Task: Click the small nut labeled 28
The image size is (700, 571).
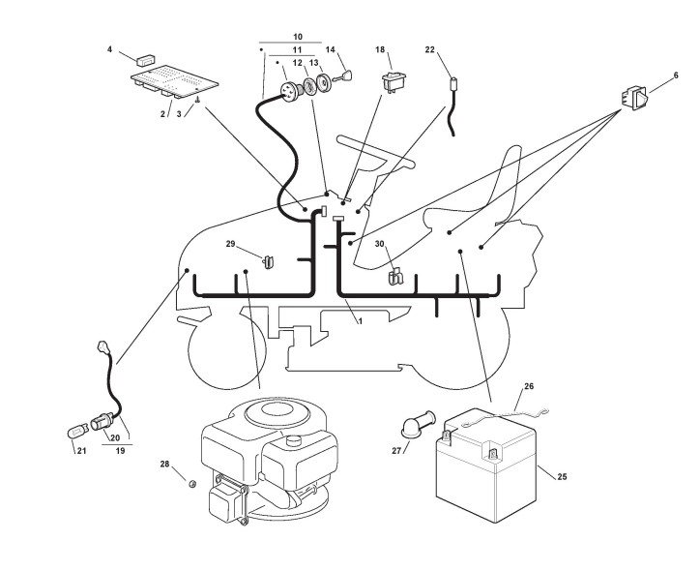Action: click(192, 480)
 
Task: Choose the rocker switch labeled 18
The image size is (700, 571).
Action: click(394, 80)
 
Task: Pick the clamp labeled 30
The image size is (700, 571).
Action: click(395, 278)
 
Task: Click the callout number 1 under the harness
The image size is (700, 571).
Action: click(360, 320)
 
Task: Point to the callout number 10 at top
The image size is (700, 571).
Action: click(297, 37)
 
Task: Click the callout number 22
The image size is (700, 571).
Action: click(430, 49)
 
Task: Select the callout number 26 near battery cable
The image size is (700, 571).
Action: click(529, 386)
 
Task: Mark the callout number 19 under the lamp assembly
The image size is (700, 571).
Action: click(119, 451)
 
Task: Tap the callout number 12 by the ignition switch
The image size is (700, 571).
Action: click(297, 64)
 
